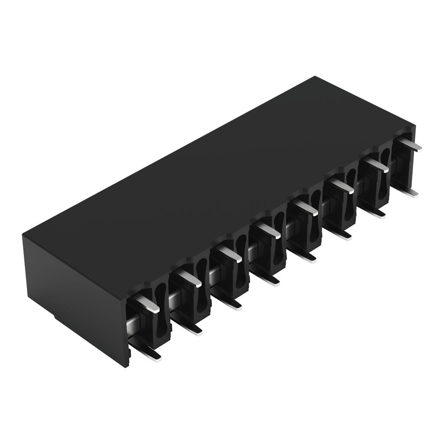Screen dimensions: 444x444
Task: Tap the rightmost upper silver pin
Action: (409, 144)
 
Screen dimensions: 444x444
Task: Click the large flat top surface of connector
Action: (217, 173)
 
